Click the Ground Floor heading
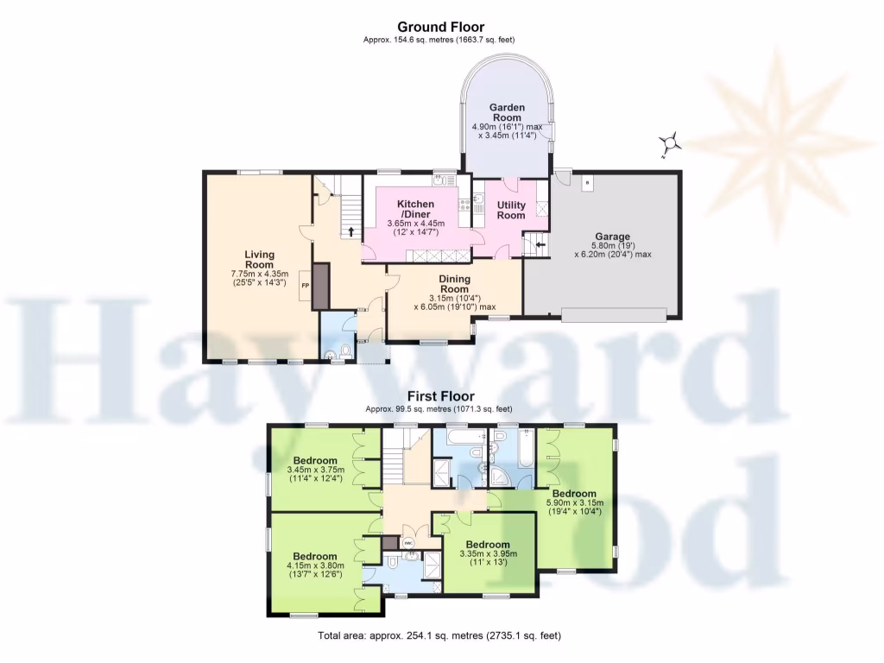tap(441, 28)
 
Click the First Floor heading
tap(441, 397)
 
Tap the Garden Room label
tap(508, 112)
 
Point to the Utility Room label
tap(511, 210)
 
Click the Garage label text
tap(612, 237)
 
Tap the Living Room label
tap(259, 259)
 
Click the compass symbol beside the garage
tap(670, 144)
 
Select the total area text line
tap(439, 636)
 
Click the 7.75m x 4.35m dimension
tap(259, 275)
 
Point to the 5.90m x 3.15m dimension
tap(575, 503)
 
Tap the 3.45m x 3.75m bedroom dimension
tap(314, 470)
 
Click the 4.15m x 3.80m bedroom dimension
tap(314, 567)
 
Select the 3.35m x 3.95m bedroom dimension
tap(489, 554)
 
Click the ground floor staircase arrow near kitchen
tap(352, 232)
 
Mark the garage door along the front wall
tap(614, 315)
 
